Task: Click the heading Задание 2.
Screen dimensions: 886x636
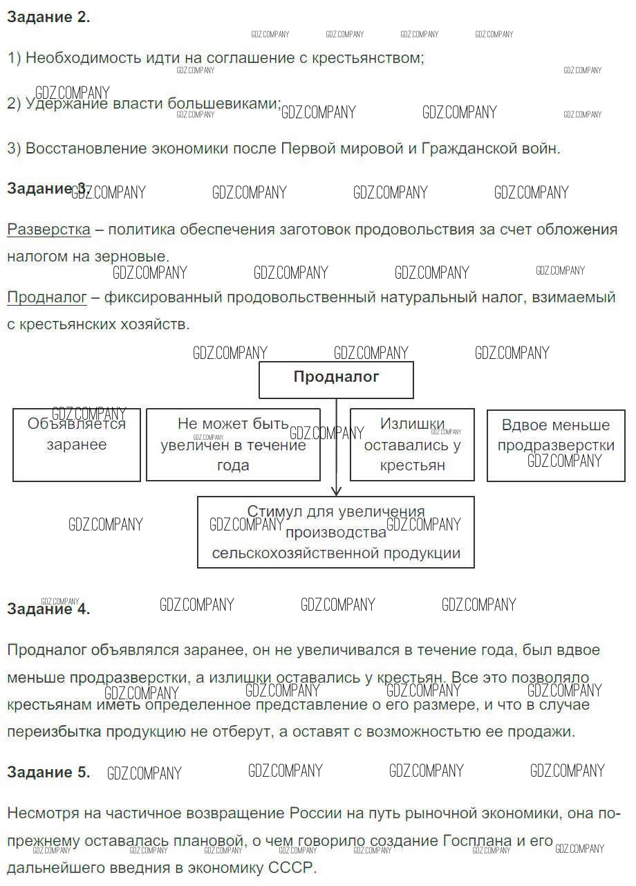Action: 48,18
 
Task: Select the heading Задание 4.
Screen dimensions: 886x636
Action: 48,609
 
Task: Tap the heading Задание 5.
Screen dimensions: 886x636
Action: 48,773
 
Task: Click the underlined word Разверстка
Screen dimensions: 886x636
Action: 48,230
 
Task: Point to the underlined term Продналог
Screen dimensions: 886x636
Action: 47,298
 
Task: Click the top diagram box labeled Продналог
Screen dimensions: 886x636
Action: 336,379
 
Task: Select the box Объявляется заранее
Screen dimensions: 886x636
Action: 77,445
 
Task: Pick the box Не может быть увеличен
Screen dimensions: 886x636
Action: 233,445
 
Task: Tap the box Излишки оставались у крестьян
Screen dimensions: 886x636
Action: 412,445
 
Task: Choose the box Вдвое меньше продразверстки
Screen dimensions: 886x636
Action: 556,445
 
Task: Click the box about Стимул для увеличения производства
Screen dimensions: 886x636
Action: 336,532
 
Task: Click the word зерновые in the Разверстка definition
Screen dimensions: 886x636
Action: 134,256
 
